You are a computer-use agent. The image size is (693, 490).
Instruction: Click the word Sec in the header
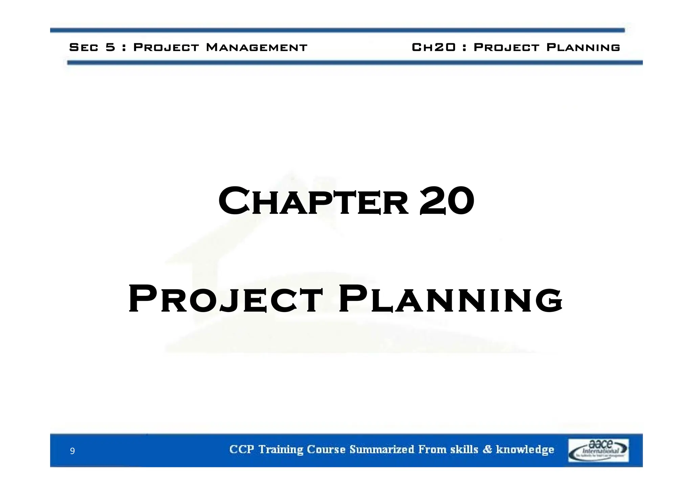pyautogui.click(x=84, y=47)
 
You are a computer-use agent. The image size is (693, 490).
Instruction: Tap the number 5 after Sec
pyautogui.click(x=110, y=47)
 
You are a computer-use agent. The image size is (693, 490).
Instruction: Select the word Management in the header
pyautogui.click(x=256, y=47)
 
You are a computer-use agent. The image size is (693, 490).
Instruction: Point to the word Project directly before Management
pyautogui.click(x=166, y=47)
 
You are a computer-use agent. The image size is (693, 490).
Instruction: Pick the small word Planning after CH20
pyautogui.click(x=583, y=47)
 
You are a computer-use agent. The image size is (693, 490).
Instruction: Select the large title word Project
pyautogui.click(x=225, y=299)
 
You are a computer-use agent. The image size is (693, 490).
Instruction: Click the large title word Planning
pyautogui.click(x=450, y=299)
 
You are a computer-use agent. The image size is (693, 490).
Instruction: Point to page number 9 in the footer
pyautogui.click(x=72, y=451)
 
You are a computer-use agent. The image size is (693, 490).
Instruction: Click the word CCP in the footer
pyautogui.click(x=241, y=449)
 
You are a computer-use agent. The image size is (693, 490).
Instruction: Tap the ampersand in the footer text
pyautogui.click(x=487, y=449)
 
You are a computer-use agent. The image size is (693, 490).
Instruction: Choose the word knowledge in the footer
pyautogui.click(x=525, y=450)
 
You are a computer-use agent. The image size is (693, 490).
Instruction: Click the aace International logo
pyautogui.click(x=598, y=450)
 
